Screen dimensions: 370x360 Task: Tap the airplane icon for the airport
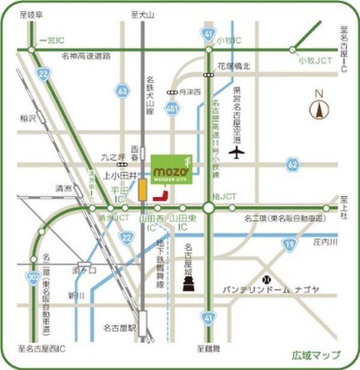(x=239, y=153)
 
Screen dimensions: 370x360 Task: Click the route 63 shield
(x=122, y=91)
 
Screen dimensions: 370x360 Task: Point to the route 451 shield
(x=172, y=109)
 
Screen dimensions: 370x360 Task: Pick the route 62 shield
(x=292, y=163)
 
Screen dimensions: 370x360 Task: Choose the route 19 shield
(x=290, y=243)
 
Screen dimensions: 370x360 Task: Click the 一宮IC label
(x=50, y=40)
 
